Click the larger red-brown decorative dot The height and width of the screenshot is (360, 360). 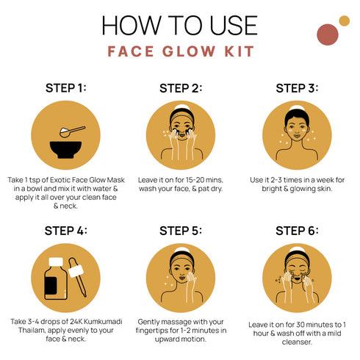click(326, 34)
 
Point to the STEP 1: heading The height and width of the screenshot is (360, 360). click(66, 88)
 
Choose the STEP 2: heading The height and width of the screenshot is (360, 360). click(181, 89)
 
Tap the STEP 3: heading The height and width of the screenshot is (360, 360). click(296, 88)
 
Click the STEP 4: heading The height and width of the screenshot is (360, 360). click(66, 231)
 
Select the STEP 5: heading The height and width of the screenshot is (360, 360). click(181, 231)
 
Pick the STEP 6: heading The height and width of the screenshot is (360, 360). click(296, 231)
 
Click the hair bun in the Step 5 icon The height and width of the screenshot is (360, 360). click(181, 248)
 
